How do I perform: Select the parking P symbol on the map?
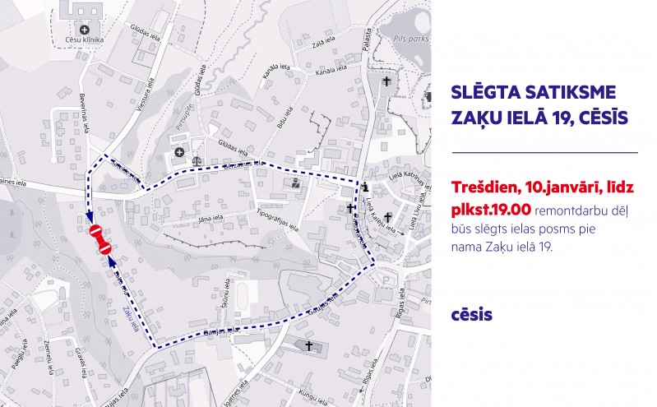click(x=386, y=281)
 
